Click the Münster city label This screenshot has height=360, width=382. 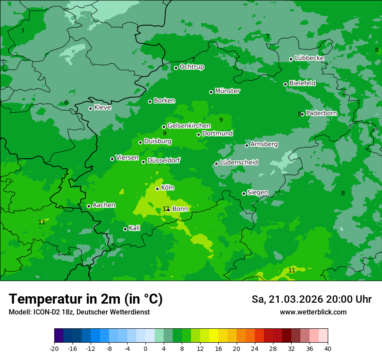227,91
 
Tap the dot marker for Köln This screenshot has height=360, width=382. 157,189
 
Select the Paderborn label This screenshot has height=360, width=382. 321,113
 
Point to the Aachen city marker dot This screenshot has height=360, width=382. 89,206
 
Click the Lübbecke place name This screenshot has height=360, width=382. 309,58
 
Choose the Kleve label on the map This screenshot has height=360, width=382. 102,108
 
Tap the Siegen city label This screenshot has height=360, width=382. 257,193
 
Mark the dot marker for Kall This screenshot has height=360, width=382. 125,229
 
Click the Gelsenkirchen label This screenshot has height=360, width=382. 189,126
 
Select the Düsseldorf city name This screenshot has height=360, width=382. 164,160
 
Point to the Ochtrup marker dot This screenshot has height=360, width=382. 176,68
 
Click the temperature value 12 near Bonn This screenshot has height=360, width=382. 165,209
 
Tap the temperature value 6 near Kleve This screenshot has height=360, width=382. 66,102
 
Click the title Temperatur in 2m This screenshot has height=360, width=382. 86,299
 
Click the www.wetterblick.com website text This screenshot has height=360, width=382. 313,312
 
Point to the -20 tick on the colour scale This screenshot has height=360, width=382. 54,348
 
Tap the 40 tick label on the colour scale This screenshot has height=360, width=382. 328,348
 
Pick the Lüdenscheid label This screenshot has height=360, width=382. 239,163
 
